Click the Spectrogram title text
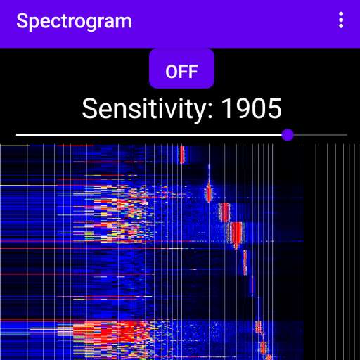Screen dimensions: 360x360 pos(74,22)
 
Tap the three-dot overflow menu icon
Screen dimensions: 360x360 pos(341,20)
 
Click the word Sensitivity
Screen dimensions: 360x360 pos(143,109)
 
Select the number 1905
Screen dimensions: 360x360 pos(252,108)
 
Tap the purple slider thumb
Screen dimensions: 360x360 pos(288,135)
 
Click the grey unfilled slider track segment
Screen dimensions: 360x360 pos(321,135)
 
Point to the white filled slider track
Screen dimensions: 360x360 pos(149,135)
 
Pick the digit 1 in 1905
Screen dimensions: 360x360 pos(227,108)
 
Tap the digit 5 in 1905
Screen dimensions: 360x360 pos(275,108)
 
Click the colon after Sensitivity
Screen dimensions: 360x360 pos(210,110)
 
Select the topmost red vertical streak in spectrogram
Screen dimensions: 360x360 pos(181,155)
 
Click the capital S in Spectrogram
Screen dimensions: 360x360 pos(22,20)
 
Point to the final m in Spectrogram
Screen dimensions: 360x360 pos(123,22)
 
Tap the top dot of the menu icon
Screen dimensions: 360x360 pos(341,14)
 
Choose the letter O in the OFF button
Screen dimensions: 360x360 pos(172,72)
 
